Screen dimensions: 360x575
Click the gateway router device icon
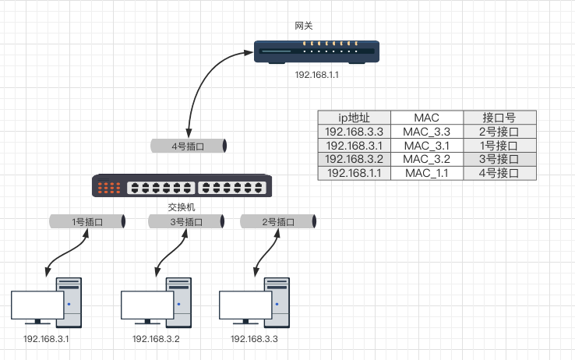[x=316, y=51]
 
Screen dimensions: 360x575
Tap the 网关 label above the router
[x=304, y=26]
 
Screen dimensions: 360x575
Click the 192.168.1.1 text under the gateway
[x=317, y=75]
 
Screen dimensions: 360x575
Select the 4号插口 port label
[x=187, y=146]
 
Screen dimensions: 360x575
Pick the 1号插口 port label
[x=87, y=221]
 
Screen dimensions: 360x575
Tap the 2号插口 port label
[x=278, y=221]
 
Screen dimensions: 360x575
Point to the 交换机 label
[x=181, y=207]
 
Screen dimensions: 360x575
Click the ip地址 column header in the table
[x=355, y=118]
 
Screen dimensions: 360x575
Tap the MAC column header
[x=427, y=118]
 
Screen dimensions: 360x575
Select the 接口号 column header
[x=499, y=118]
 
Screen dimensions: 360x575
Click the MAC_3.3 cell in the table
[x=427, y=132]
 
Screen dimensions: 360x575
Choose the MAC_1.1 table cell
[x=427, y=173]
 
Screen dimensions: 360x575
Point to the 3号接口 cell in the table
[x=499, y=160]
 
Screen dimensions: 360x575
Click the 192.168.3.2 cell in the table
[x=355, y=160]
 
